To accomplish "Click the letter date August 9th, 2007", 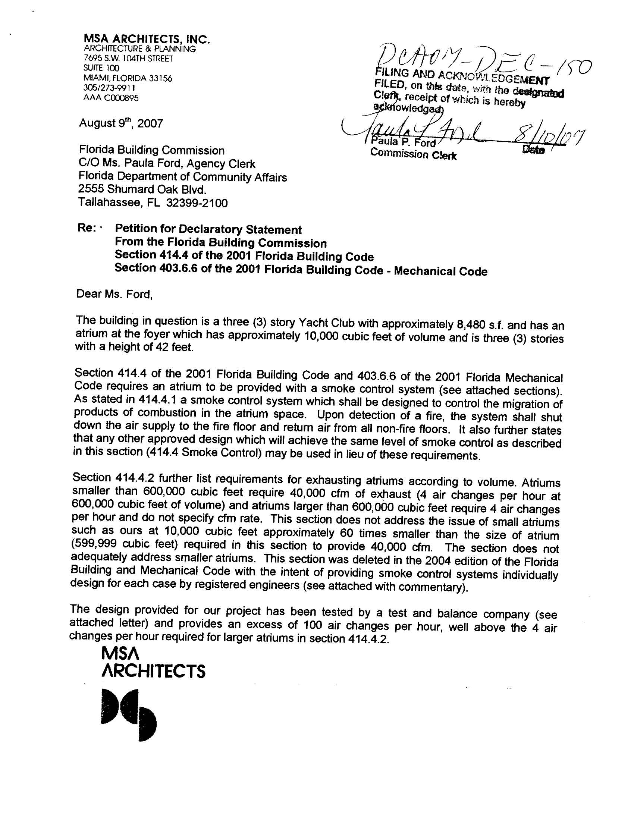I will (120, 123).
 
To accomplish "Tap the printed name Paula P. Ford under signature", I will (403, 143).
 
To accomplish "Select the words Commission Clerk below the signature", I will (413, 154).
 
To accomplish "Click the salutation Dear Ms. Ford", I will (114, 294).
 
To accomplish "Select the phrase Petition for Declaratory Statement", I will (208, 229).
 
